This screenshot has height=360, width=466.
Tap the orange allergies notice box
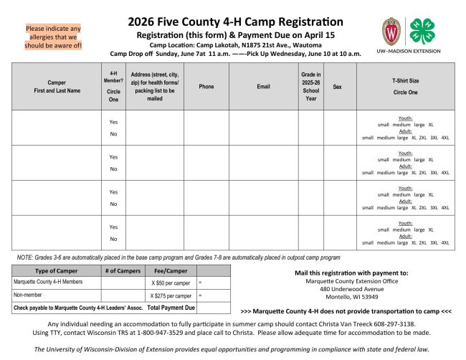54,37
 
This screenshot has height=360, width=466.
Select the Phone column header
206,86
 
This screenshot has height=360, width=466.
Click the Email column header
263,86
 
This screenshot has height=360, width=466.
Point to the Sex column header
337,86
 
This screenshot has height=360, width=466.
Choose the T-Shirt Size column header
405,86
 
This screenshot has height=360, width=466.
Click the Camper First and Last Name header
56,86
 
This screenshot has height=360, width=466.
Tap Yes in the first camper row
113,122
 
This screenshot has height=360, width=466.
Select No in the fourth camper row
113,239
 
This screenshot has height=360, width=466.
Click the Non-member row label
27,295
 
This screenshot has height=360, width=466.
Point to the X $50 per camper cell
170,283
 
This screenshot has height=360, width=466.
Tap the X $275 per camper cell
170,295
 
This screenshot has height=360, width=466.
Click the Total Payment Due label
171,307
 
